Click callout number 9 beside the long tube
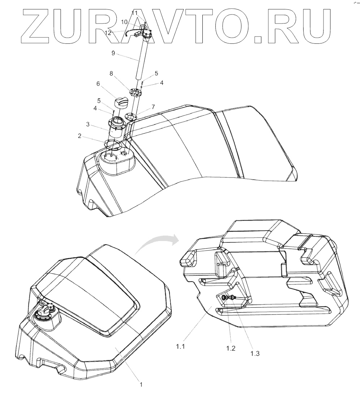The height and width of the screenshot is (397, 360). point(113,53)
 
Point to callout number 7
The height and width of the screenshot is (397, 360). point(153,107)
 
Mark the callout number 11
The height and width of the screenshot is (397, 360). point(134,13)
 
